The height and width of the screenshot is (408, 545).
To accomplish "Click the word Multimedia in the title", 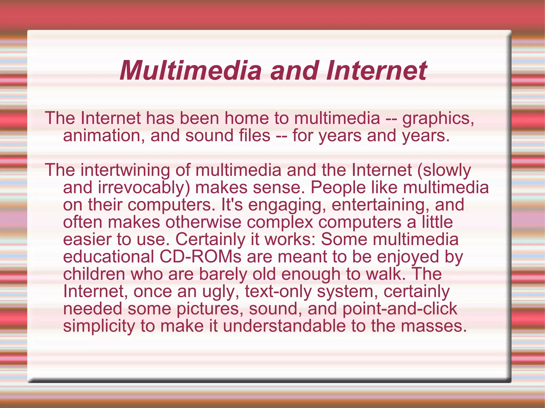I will coord(191,71).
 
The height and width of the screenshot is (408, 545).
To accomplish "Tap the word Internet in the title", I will coord(377,71).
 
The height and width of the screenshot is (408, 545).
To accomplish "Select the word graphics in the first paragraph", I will coord(437,119).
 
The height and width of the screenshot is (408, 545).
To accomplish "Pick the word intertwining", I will coord(125,170).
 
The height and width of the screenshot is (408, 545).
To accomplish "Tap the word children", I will coord(94,274).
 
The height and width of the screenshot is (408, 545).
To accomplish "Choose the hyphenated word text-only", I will coord(278,292).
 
